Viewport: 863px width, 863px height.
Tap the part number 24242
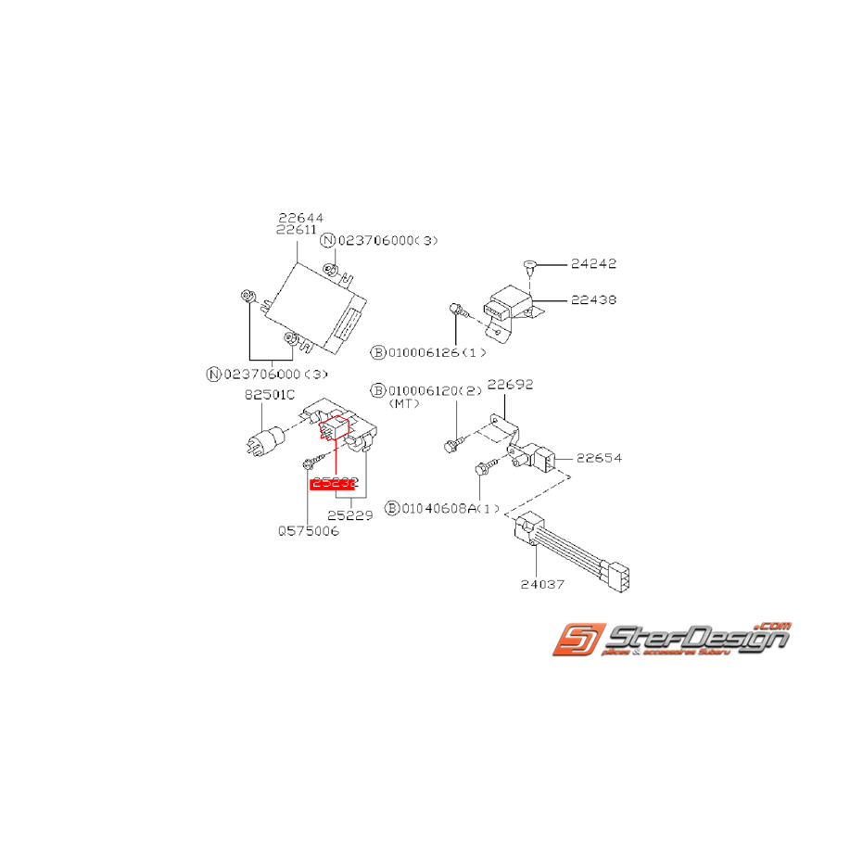point(594,264)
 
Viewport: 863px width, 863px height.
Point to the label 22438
point(594,300)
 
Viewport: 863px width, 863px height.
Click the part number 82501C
point(268,394)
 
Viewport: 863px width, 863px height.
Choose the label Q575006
point(308,532)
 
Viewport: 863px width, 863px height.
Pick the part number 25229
point(351,515)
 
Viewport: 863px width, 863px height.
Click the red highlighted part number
point(334,483)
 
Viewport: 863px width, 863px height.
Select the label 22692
point(511,384)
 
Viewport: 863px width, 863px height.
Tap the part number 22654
point(599,458)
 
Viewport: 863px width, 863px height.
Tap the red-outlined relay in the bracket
point(334,428)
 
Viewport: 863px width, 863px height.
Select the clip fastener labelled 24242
point(528,267)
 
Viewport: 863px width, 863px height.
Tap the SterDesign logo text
point(695,639)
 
